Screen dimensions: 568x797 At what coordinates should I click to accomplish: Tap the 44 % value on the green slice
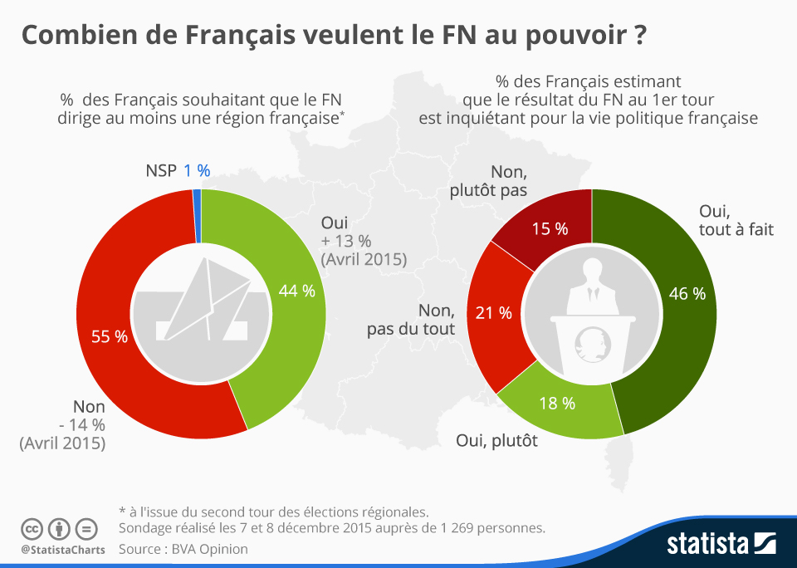click(x=296, y=291)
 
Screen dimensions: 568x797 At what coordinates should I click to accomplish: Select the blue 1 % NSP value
click(x=197, y=170)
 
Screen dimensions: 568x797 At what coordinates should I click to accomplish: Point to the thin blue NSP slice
click(x=197, y=216)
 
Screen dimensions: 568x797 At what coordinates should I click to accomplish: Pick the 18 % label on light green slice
click(x=558, y=404)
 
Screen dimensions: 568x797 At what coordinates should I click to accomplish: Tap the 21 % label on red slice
click(x=493, y=313)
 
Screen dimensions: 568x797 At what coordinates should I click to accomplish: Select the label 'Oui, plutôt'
click(x=497, y=441)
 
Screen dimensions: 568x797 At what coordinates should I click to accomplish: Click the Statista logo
click(x=721, y=543)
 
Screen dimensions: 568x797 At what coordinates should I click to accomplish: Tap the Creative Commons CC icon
click(x=32, y=529)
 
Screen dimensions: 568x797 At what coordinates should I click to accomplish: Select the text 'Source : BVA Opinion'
click(x=183, y=549)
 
